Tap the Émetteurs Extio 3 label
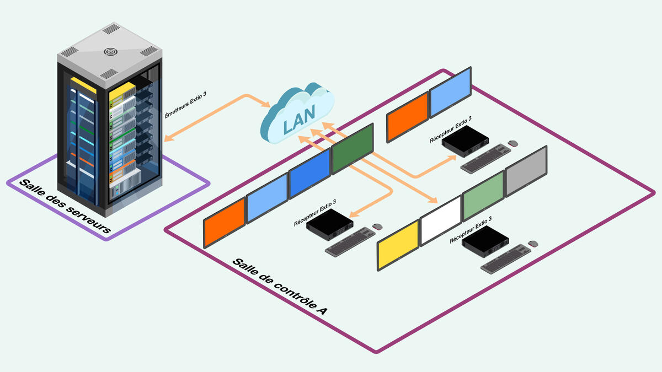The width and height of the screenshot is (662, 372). tap(185, 106)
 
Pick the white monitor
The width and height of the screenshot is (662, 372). tap(440, 220)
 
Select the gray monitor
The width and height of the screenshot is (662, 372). tap(526, 171)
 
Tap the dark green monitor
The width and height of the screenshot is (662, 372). tap(353, 148)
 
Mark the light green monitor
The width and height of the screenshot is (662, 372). tap(483, 196)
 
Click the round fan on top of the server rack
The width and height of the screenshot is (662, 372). tap(111, 52)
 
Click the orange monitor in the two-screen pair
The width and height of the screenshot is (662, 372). tap(407, 116)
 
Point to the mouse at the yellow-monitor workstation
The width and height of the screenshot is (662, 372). tap(533, 243)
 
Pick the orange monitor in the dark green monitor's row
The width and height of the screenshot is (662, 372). tap(224, 222)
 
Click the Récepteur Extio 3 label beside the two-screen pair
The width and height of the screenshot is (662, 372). tap(451, 130)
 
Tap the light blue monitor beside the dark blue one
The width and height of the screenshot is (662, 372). tap(267, 198)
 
